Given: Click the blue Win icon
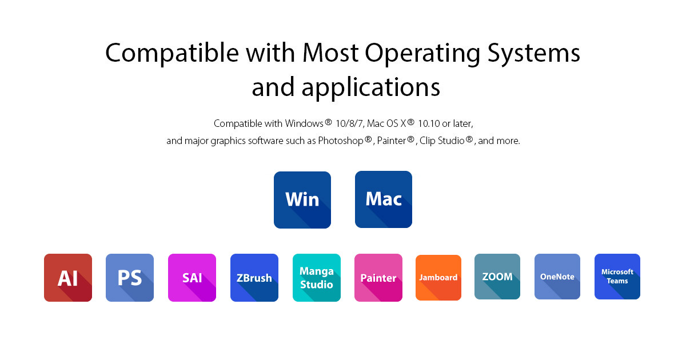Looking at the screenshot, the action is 302,200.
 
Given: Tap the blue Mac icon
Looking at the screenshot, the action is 384,199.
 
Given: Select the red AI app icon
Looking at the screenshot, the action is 68,278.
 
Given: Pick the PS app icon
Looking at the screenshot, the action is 130,278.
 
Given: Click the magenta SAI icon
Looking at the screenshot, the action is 192,278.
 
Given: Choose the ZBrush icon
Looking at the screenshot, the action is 254,278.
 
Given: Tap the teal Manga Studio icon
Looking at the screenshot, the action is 317,278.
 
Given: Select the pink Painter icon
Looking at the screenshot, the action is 378,278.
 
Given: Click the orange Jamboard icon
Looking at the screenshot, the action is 438,278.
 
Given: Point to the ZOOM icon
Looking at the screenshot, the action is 497,277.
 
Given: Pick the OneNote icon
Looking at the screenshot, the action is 557,277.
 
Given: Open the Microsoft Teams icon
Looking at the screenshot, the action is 617,277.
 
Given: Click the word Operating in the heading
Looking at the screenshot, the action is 422,54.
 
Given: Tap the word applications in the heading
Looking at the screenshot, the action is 371,88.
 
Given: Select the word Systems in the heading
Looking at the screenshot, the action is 534,54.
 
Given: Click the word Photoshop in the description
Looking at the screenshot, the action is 341,141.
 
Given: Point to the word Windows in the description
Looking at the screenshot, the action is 304,123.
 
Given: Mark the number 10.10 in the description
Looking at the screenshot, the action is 429,123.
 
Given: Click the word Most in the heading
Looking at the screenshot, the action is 330,53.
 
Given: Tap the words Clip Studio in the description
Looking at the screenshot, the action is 442,141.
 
